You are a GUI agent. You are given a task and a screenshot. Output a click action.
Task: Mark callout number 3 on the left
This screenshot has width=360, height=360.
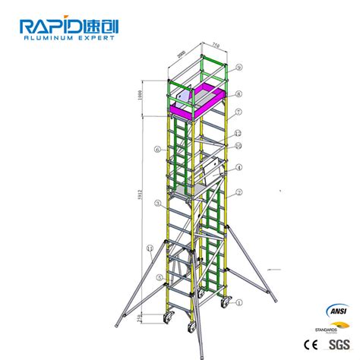tap(156, 203)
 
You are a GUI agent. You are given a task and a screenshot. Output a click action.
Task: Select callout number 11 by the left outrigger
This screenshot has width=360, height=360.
tap(150, 248)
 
